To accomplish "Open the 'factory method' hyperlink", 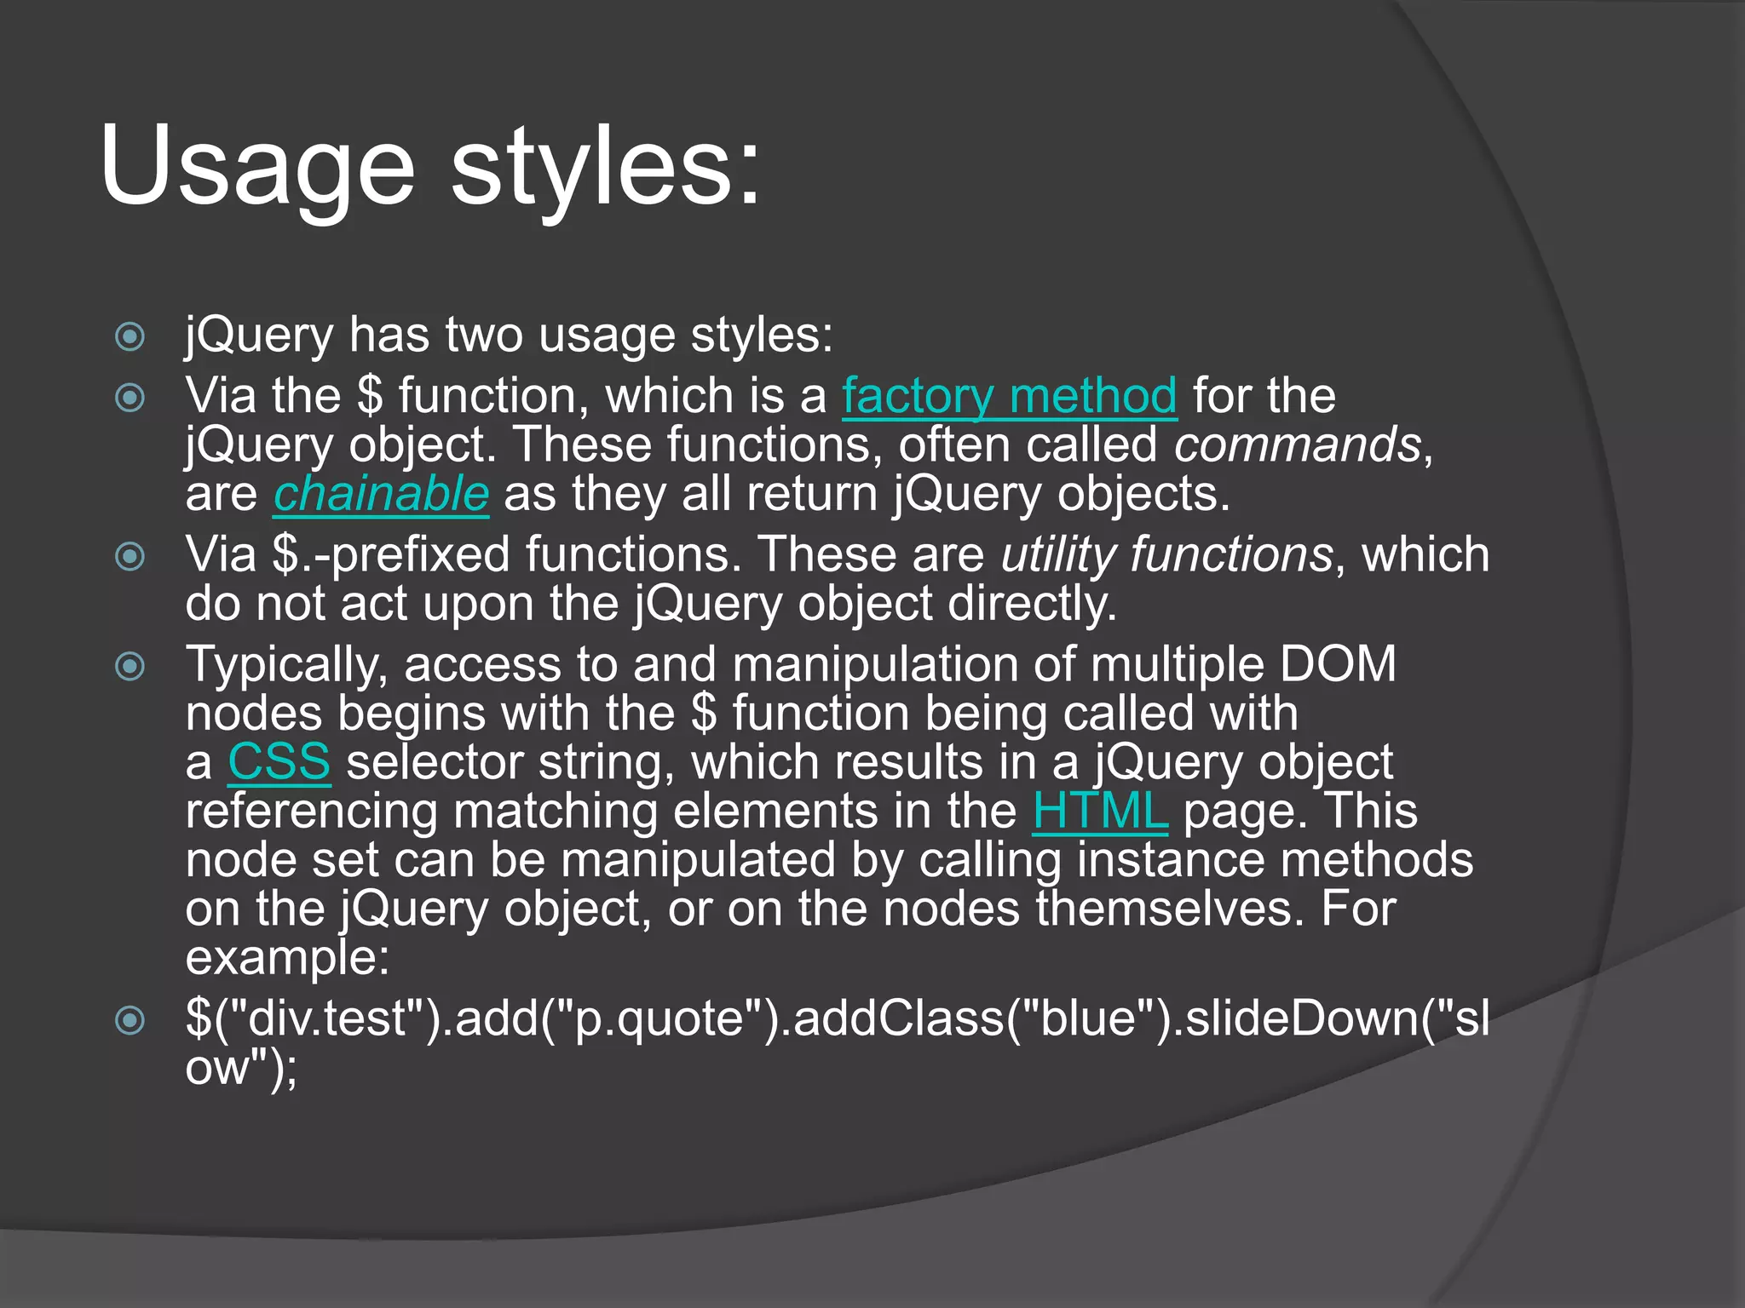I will click(x=1010, y=396).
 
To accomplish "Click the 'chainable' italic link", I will click(x=381, y=494).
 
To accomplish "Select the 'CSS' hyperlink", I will click(x=279, y=761).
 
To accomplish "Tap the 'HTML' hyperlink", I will click(x=1099, y=811).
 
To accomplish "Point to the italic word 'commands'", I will click(x=1297, y=445).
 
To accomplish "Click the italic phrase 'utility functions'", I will click(x=1166, y=554).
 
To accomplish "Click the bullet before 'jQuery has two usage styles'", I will click(x=130, y=336).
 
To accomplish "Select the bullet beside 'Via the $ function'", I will click(x=130, y=398).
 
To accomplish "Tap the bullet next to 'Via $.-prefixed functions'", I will click(x=130, y=557).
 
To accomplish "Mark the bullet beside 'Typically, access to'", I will click(x=130, y=666).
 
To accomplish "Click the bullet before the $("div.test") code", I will click(x=130, y=1019).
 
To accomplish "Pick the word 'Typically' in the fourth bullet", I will click(x=286, y=665).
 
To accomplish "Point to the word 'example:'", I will click(x=287, y=958).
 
